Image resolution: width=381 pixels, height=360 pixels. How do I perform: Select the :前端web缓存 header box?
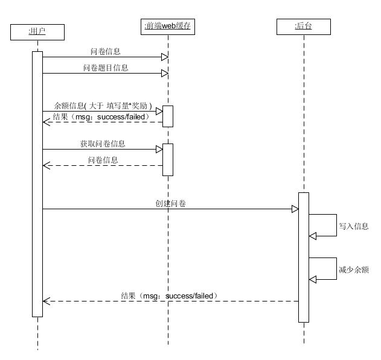click(168, 27)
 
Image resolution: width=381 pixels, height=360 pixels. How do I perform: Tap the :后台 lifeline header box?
click(304, 27)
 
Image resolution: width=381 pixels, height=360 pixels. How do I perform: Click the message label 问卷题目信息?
click(106, 68)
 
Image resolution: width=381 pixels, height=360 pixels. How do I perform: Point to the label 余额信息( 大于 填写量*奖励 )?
click(103, 104)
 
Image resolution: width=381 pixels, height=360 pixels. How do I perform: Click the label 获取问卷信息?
click(103, 145)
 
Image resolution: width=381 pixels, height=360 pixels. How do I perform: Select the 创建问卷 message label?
click(170, 204)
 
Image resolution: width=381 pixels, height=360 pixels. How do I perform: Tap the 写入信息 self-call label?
click(353, 227)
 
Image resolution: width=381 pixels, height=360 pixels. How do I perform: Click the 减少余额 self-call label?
click(353, 271)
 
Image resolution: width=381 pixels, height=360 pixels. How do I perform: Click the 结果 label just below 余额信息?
click(100, 116)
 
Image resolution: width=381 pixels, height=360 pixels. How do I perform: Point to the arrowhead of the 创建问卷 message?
click(295, 209)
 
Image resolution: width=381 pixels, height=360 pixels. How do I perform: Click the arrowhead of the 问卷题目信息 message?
click(164, 74)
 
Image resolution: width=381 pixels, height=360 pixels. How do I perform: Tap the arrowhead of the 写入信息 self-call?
click(313, 236)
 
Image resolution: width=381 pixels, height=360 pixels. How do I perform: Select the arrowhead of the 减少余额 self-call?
click(313, 279)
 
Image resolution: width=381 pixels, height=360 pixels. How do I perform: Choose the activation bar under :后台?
click(304, 257)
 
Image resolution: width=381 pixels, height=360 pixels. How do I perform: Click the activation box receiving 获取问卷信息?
click(168, 159)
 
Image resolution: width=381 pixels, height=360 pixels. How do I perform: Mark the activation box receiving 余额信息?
click(168, 116)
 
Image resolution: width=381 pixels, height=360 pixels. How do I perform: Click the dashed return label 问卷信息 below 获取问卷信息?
click(103, 160)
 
